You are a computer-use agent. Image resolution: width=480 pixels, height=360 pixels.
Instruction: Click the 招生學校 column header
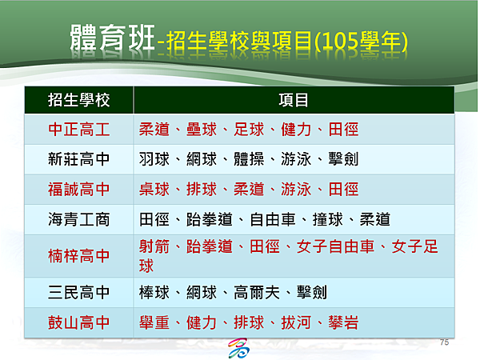[78, 100]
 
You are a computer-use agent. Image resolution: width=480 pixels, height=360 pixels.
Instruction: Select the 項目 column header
[294, 100]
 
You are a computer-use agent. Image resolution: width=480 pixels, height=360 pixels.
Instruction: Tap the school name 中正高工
[78, 129]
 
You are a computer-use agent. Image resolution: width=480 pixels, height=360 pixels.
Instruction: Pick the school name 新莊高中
[78, 159]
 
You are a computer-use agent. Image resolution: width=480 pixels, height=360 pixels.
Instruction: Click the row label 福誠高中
[78, 189]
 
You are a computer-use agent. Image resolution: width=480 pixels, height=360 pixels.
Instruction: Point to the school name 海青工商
[78, 219]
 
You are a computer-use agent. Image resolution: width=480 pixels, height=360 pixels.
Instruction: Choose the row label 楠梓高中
[78, 256]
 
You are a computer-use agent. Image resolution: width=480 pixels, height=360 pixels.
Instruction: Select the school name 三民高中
[78, 292]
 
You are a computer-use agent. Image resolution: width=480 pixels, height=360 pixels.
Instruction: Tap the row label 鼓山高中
[78, 322]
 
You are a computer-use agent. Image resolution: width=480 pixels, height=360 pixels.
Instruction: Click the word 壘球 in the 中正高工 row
[202, 129]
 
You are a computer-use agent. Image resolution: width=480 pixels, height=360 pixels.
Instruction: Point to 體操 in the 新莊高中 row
[249, 159]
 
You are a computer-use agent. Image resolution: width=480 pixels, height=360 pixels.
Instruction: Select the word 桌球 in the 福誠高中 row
[154, 189]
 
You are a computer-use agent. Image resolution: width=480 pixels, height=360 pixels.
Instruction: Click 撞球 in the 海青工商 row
[327, 219]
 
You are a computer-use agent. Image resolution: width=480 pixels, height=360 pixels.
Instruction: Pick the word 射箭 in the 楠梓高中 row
[154, 246]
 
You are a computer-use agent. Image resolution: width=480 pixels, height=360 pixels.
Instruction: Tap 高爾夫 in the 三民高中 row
[257, 292]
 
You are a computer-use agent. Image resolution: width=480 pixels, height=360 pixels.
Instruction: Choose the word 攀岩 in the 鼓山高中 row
[343, 322]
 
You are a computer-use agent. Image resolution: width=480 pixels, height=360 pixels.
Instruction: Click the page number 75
[444, 342]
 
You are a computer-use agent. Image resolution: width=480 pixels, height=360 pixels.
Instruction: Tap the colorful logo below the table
[238, 348]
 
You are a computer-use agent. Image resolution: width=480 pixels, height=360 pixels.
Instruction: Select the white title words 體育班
[112, 38]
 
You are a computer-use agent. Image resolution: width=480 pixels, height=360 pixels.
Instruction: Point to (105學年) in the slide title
[362, 42]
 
